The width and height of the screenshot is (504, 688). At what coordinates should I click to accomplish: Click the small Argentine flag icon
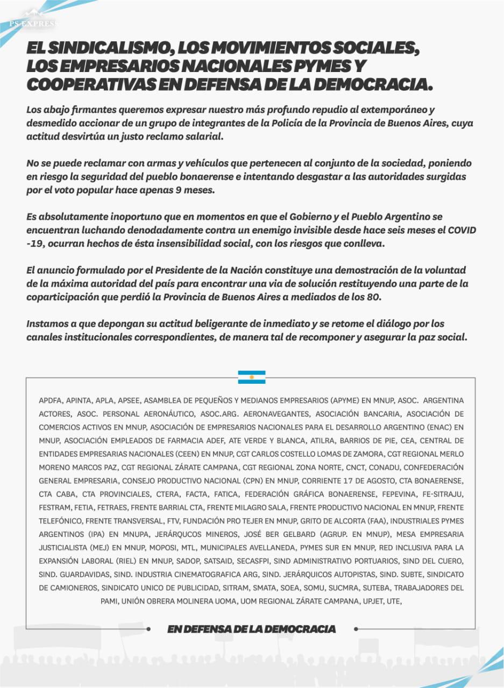tap(252, 377)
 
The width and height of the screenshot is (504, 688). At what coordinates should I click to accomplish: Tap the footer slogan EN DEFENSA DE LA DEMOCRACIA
tap(252, 629)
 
